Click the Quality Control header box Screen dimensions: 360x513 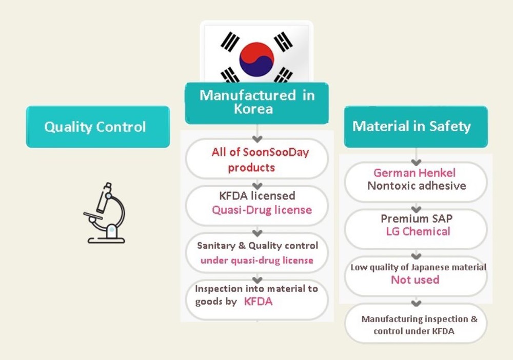pos(97,127)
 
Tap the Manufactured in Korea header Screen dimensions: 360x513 pos(256,103)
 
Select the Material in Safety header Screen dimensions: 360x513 pos(416,126)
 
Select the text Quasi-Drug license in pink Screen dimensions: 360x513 pos(262,210)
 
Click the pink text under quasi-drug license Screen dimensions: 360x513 pos(256,260)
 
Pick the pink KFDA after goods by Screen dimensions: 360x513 pos(258,302)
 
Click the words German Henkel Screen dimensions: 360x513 pos(415,173)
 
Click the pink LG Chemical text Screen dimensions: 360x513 pos(418,231)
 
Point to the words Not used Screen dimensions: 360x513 pos(415,279)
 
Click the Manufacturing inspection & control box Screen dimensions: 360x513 pos(416,325)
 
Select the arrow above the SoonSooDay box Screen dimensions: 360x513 pos(258,139)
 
